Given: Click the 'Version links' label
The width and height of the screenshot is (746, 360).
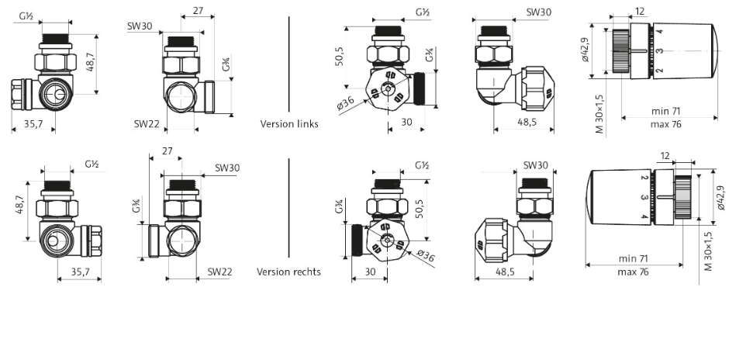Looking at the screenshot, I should point(289,123).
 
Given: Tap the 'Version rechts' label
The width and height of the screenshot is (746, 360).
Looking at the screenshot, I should point(289,272).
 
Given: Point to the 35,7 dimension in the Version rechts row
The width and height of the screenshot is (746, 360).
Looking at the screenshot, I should point(80,272).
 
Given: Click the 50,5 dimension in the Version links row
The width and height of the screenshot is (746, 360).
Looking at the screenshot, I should point(340,57).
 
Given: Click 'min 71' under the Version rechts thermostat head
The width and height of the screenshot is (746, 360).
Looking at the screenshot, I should point(629,258).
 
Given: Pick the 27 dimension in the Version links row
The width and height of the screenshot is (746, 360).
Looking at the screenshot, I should point(197,12).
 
